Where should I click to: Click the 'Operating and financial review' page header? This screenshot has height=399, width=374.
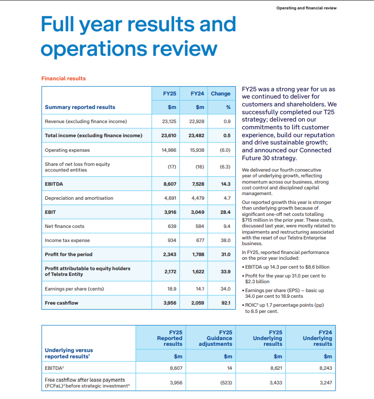coord(306,8)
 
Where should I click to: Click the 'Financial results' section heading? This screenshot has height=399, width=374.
coord(63,78)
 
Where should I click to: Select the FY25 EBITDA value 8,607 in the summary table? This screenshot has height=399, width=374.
coord(170,184)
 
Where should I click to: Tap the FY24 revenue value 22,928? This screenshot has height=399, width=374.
coord(196,121)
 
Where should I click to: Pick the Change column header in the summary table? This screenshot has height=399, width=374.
coord(220,93)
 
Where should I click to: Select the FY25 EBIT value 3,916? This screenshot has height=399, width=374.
coord(170,212)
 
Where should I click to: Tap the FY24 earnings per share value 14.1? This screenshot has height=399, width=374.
coord(198,288)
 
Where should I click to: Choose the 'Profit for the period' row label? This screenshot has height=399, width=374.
coord(68,255)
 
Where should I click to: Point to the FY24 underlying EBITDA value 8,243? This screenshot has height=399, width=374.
coord(324,368)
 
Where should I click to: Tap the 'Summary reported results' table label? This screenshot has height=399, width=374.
coord(80,107)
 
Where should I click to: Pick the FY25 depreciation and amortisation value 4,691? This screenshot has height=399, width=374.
coord(170,198)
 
